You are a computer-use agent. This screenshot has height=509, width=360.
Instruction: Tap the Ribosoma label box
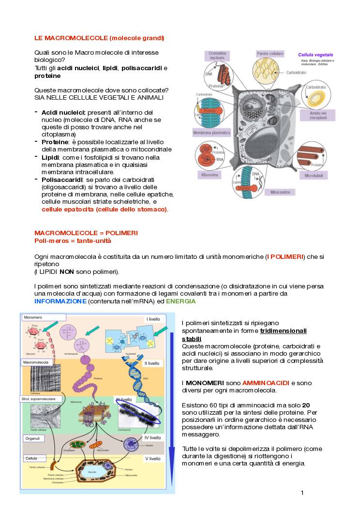pyautogui.click(x=209, y=174)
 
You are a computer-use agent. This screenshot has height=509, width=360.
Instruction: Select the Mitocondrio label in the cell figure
pyautogui.click(x=281, y=192)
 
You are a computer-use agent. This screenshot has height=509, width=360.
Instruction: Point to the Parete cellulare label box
pyautogui.click(x=270, y=54)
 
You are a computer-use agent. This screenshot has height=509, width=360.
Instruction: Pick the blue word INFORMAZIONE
pyautogui.click(x=60, y=301)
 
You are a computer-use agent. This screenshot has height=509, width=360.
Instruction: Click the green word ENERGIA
pyautogui.click(x=180, y=301)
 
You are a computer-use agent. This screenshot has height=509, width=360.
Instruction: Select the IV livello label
pyautogui.click(x=152, y=437)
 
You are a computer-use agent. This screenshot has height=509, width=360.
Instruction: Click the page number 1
pyautogui.click(x=302, y=493)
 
